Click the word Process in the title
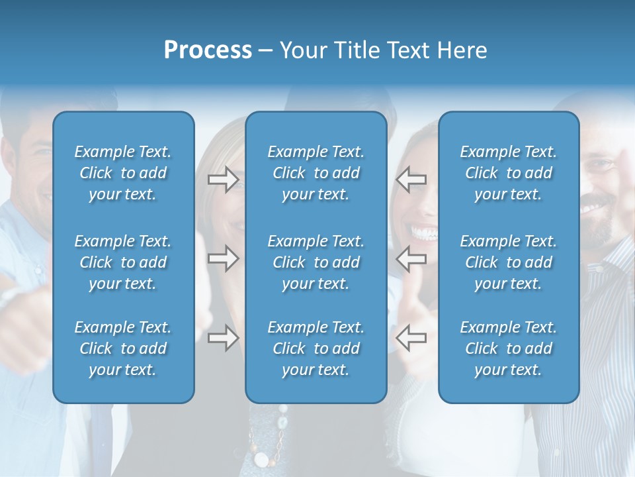(208, 50)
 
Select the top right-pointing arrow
(223, 180)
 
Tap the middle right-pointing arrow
(223, 258)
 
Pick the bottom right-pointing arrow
(223, 338)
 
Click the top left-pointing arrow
(411, 180)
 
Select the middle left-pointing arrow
(411, 258)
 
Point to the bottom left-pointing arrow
(411, 338)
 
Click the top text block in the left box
(123, 173)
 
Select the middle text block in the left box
(123, 262)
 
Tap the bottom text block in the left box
(123, 348)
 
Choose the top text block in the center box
(316, 173)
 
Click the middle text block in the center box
(316, 262)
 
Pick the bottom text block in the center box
(316, 348)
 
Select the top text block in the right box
(509, 173)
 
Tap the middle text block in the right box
(509, 262)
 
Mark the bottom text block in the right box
(509, 348)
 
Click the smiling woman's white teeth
(423, 233)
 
